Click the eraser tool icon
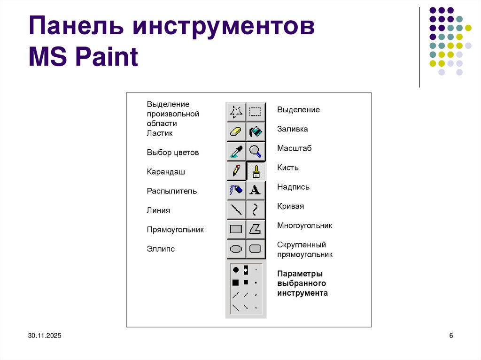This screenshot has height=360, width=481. coord(236,131)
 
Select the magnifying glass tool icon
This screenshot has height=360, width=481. coord(256,151)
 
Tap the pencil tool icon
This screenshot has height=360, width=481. coord(236,170)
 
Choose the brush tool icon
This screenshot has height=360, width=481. coord(256,171)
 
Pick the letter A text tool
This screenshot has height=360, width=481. coord(255,190)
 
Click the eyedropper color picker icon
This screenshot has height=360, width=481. coord(236,151)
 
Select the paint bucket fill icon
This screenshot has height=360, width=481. coord(256,131)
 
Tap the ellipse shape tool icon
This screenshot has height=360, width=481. coord(236,249)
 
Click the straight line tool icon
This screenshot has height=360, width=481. coord(236,209)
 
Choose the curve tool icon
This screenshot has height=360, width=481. coord(256,209)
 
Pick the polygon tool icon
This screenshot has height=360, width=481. coord(256,229)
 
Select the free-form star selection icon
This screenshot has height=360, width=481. coord(236,112)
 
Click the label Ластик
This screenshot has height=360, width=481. coord(160,133)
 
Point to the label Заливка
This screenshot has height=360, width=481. coord(292,129)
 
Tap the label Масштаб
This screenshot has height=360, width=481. coord(294,148)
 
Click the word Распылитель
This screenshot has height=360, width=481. coord(171,191)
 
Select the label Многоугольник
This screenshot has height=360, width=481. coord(304,226)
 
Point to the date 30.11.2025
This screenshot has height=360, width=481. coord(44,336)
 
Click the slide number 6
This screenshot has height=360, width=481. coord(451,336)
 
